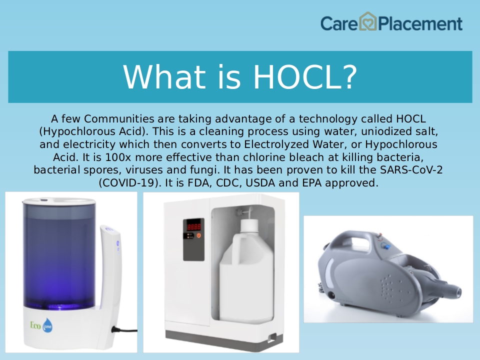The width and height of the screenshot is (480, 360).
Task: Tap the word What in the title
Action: (x=164, y=77)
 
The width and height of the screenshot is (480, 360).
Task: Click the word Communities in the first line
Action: (x=119, y=118)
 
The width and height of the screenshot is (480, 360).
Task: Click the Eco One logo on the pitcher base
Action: (x=41, y=325)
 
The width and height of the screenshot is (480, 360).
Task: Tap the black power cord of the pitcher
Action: (x=124, y=330)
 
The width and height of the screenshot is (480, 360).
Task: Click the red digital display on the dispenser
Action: (x=194, y=227)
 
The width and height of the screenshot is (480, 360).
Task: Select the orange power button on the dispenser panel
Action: (x=198, y=235)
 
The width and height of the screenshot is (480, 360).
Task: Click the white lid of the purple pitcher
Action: (x=59, y=201)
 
